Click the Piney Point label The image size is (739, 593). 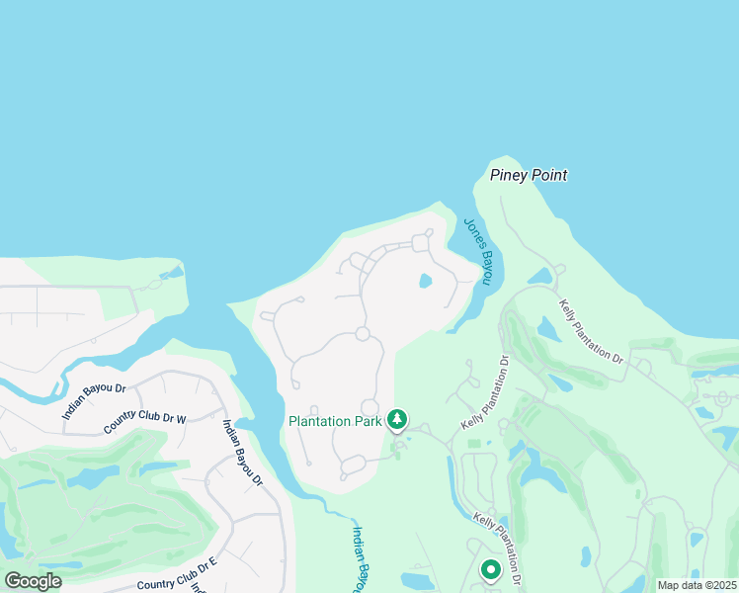pos(529,176)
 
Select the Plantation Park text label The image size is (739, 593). pos(334,421)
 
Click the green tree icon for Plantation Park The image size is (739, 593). pos(397,421)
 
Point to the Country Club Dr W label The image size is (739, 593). pos(145,423)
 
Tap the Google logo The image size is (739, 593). pos(33,581)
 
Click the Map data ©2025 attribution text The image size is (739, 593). pos(697,585)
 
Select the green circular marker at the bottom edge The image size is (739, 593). pos(491,570)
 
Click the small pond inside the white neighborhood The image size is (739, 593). pos(426,281)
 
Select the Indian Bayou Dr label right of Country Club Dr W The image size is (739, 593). pos(242,453)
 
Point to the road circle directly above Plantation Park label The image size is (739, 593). pos(369,407)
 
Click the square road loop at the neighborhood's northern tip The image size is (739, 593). pos(422,242)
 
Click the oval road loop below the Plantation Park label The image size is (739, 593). pos(353,466)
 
